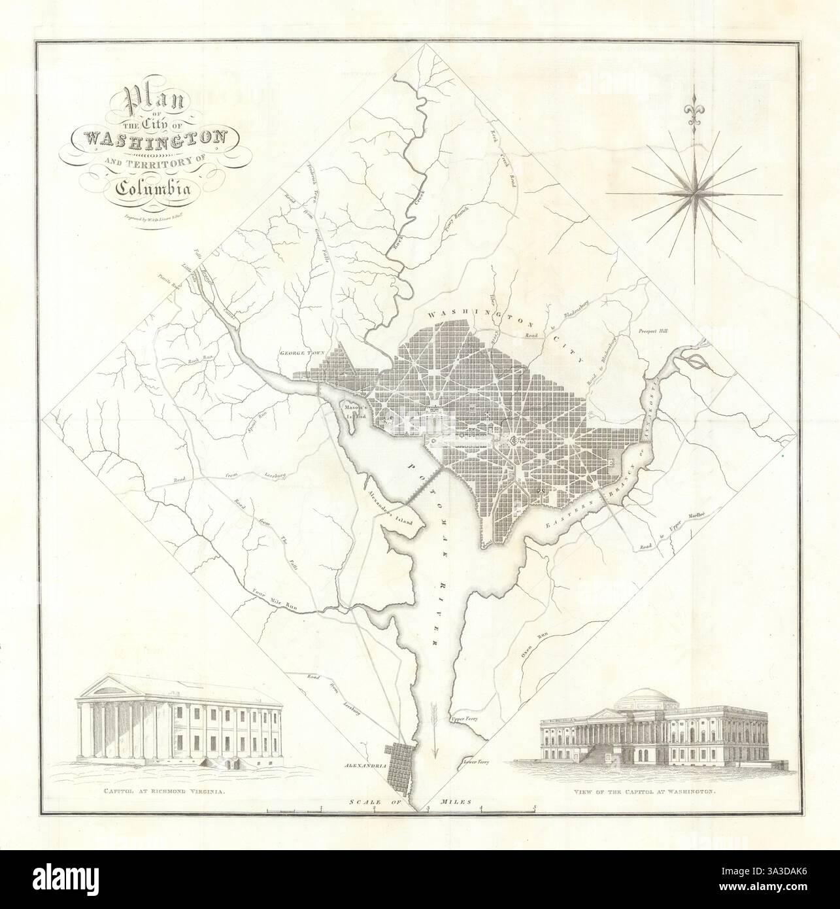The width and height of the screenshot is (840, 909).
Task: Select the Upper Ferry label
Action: (465, 720)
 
